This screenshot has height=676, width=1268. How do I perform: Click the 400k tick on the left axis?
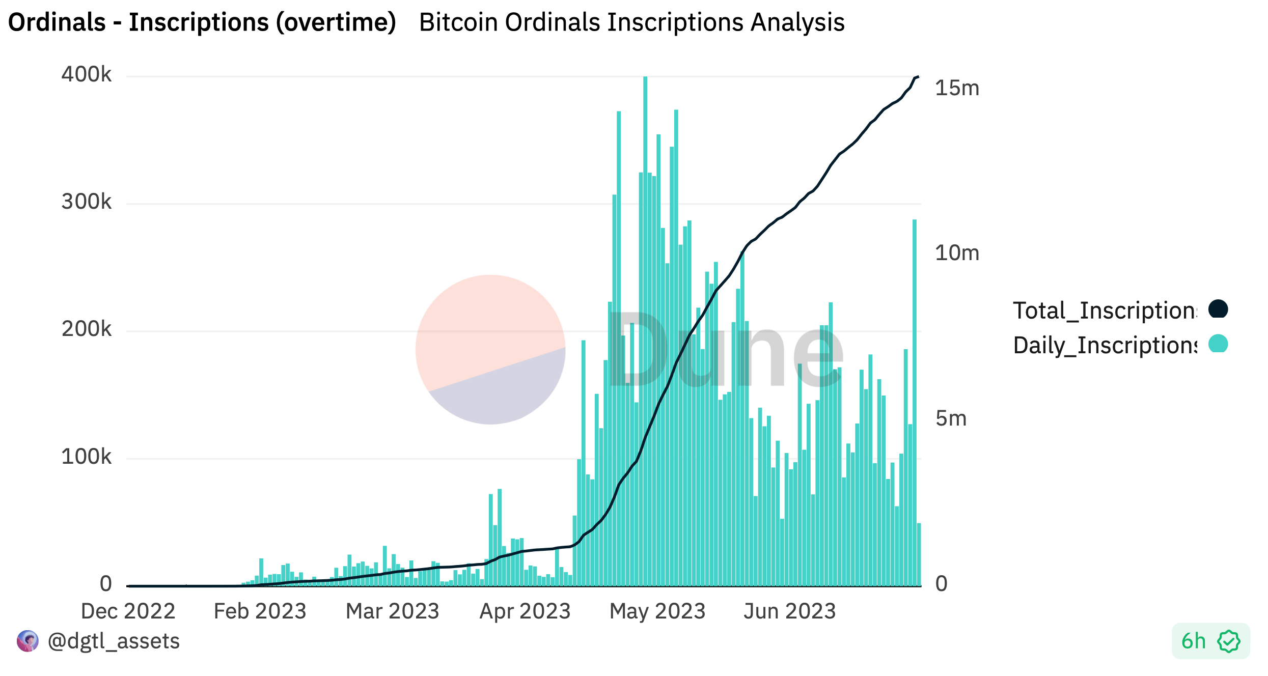[x=86, y=75]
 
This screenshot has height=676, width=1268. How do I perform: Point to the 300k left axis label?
[x=86, y=202]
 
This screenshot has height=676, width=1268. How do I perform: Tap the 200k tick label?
[x=86, y=329]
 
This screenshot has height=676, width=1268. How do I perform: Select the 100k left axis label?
[x=86, y=457]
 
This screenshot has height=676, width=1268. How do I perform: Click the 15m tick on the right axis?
[x=957, y=88]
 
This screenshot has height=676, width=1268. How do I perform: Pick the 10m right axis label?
[x=957, y=253]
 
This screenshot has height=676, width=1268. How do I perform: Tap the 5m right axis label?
[x=951, y=418]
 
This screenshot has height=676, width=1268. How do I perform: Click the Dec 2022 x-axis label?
[x=128, y=611]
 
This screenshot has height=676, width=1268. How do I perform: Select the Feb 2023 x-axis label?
[x=260, y=611]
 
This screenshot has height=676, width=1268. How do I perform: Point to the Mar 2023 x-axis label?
[x=392, y=611]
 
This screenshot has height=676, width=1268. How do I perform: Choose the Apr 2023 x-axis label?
[x=525, y=611]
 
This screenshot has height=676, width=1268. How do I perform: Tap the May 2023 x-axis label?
[x=657, y=611]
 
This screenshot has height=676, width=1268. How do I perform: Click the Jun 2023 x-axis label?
[x=789, y=611]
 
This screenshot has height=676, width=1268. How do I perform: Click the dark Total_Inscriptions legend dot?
[x=1218, y=308]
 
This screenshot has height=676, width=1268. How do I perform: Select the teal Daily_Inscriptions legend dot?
[x=1218, y=344]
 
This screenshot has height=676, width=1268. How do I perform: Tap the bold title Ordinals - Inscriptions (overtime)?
[x=202, y=22]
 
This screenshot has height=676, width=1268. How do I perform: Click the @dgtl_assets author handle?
[x=113, y=641]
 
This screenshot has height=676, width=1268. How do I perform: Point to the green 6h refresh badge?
[x=1210, y=641]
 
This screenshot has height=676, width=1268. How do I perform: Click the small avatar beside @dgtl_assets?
[x=27, y=641]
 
